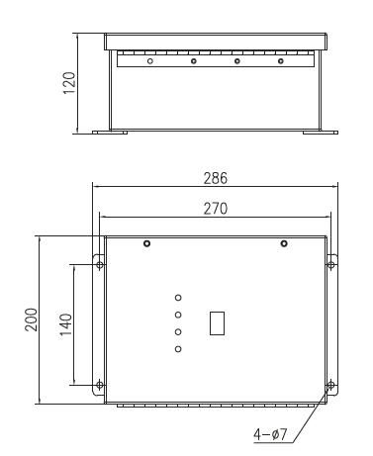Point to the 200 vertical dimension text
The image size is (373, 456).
[31, 319]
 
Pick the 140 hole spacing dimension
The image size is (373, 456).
[65, 323]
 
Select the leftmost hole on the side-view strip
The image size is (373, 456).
[149, 62]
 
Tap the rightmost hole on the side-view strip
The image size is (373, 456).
[281, 62]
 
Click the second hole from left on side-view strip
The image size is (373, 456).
[194, 62]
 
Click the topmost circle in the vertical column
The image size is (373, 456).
[178, 297]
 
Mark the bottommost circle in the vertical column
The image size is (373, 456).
[178, 349]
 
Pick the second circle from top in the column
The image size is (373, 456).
[178, 315]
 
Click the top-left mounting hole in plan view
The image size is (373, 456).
[99, 262]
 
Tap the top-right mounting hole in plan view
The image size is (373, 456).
[330, 262]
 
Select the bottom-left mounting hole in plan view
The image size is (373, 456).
[99, 384]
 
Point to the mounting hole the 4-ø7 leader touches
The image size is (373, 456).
[330, 384]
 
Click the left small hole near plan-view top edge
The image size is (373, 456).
[147, 243]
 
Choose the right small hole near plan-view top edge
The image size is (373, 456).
[284, 243]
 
